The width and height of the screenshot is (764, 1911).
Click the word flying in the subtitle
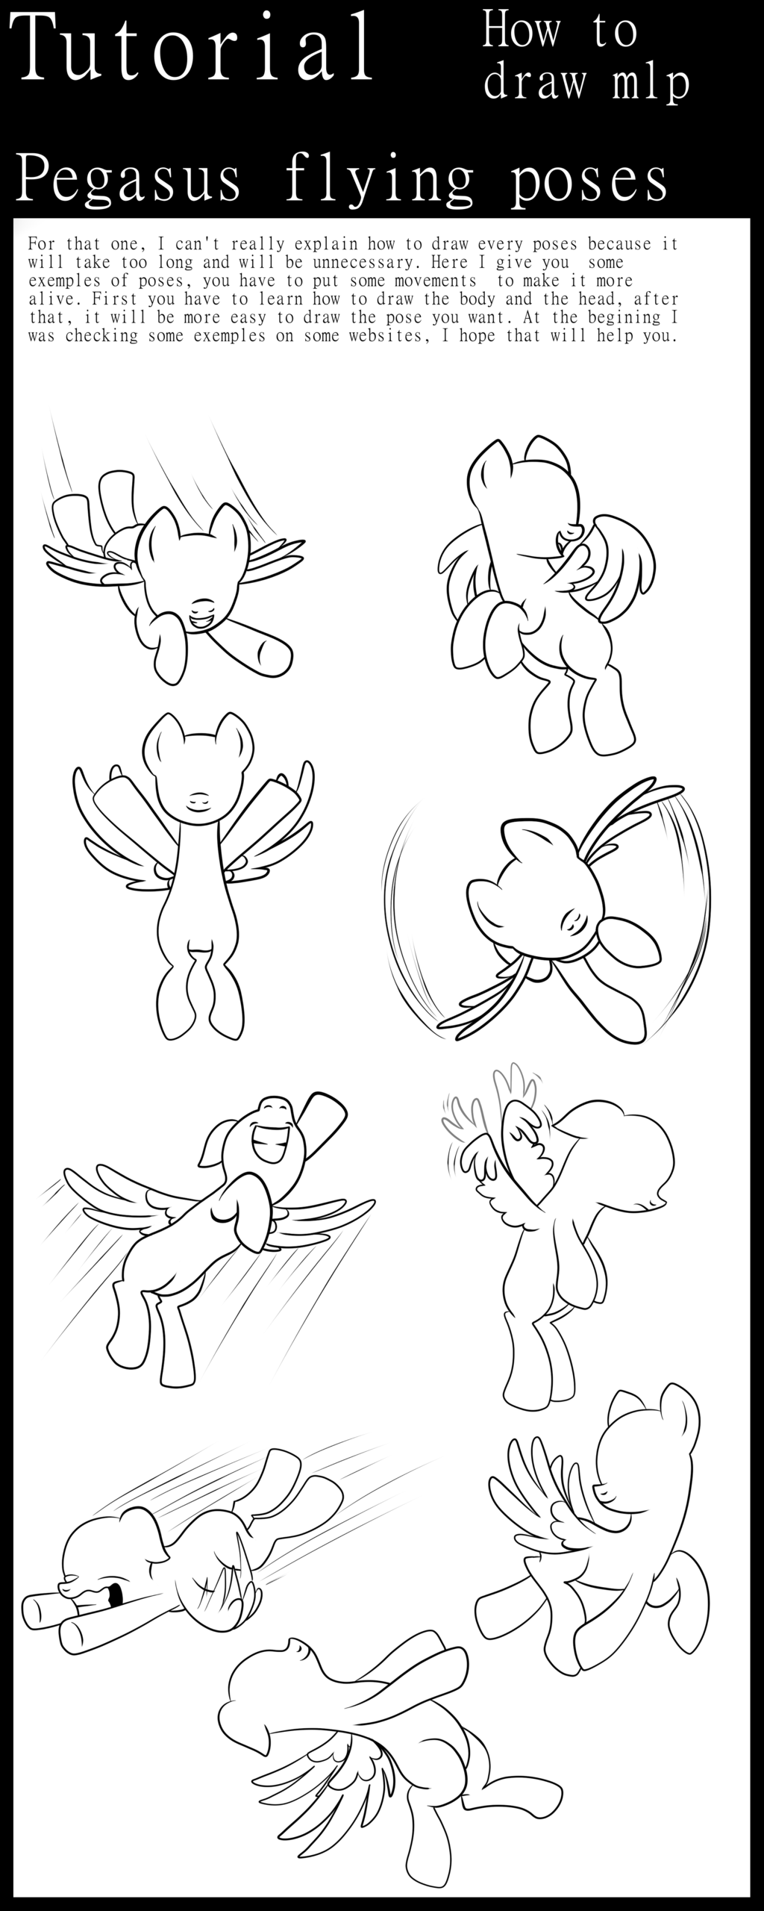click(x=380, y=181)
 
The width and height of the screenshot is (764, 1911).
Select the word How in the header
click(x=522, y=31)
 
